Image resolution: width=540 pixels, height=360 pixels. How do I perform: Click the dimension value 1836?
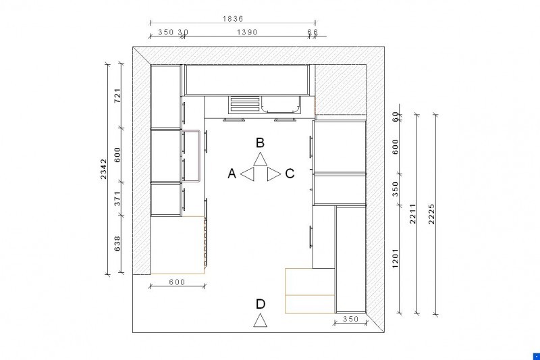[x=233, y=19]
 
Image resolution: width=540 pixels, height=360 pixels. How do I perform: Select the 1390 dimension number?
[x=247, y=32]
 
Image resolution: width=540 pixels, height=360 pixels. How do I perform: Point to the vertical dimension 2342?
[x=104, y=169]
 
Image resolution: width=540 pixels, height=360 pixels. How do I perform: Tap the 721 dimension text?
[x=117, y=95]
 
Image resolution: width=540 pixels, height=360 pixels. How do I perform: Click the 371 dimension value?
[x=117, y=199]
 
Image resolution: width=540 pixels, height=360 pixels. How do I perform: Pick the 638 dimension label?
[x=117, y=243]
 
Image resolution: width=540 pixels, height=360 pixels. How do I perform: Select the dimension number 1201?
[x=395, y=259]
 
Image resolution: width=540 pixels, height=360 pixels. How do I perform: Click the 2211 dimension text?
[x=413, y=213]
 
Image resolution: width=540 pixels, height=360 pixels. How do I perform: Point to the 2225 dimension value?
[x=431, y=214]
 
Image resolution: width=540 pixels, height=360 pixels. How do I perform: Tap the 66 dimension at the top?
[x=313, y=32]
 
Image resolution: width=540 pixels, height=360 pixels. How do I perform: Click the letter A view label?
[x=232, y=174]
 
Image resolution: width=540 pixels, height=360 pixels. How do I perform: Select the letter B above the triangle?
[x=260, y=143]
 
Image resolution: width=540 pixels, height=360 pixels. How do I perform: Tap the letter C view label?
[x=290, y=174]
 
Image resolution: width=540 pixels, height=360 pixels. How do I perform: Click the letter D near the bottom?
[x=261, y=304]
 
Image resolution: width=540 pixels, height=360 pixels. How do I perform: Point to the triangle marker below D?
[x=261, y=320]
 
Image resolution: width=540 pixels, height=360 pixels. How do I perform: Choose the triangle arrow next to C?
[x=274, y=174]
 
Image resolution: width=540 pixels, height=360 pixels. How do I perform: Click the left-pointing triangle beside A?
[x=247, y=174]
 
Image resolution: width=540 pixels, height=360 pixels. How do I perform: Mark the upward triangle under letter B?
[x=261, y=159]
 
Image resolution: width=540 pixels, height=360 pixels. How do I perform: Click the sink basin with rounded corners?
[x=281, y=105]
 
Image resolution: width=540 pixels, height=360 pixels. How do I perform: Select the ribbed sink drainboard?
[x=244, y=105]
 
